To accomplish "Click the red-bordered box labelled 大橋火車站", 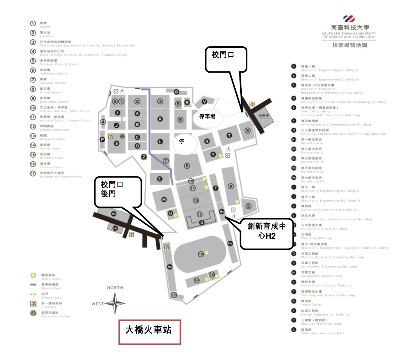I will click(x=150, y=332).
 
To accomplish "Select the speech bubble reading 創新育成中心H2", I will click(x=266, y=233).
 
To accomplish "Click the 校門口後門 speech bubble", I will click(x=118, y=192).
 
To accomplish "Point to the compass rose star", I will click(x=115, y=303).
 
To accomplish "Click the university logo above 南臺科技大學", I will click(x=349, y=19).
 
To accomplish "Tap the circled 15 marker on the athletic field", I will click(x=201, y=254).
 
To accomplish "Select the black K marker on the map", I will click(x=160, y=119).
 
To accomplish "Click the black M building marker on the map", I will click(x=164, y=199).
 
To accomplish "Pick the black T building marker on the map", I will click(x=229, y=135).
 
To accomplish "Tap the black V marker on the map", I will click(x=205, y=102).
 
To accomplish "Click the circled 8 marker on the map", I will click(x=187, y=166).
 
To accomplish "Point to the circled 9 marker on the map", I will click(x=231, y=186).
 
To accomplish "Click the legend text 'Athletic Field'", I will click(x=52, y=158).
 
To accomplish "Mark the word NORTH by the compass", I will click(x=115, y=288).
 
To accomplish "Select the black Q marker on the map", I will click(x=176, y=91).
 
